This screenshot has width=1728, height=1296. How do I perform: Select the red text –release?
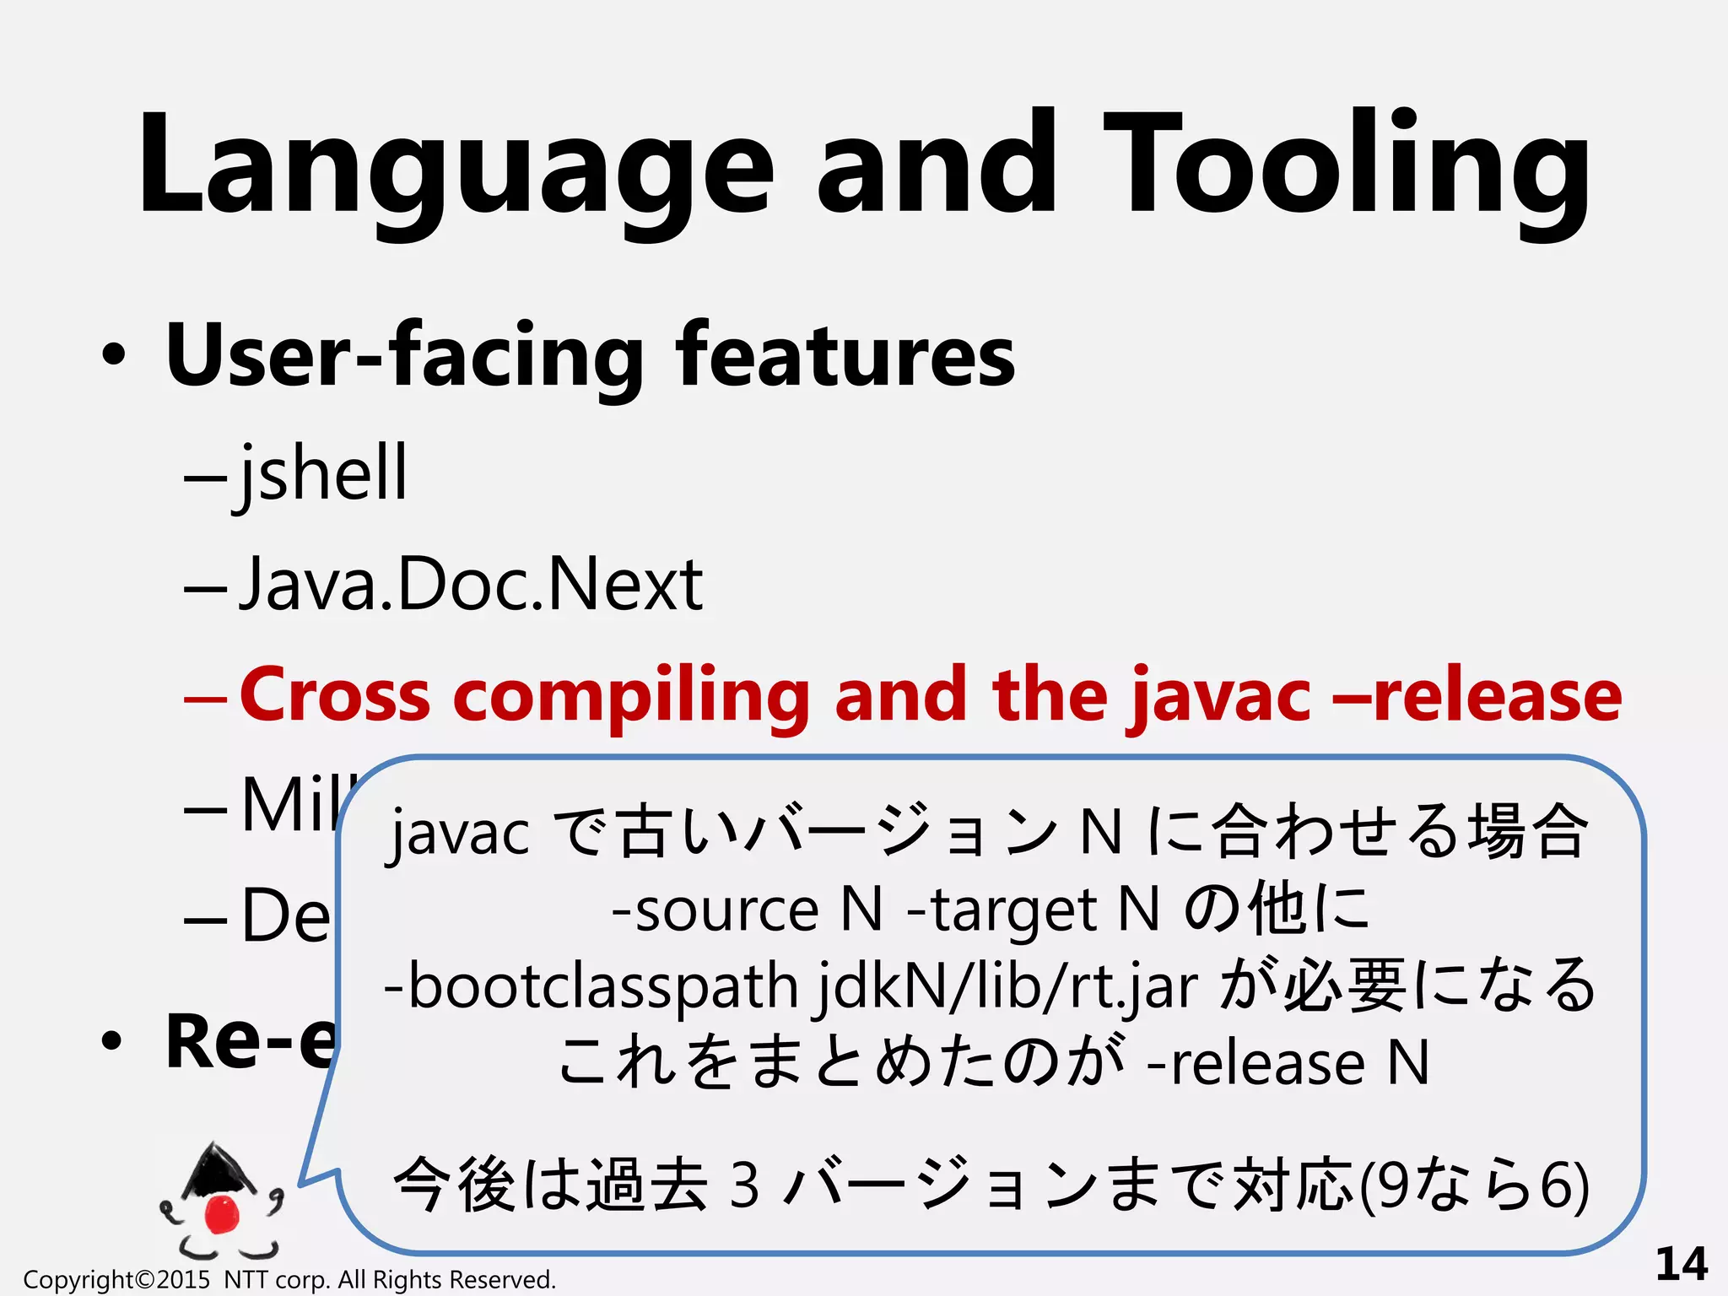pos(1477,695)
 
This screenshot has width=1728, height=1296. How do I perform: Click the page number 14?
pos(1681,1264)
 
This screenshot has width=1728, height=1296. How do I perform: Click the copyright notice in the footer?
pos(289,1280)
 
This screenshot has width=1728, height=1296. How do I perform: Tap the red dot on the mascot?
pos(222,1212)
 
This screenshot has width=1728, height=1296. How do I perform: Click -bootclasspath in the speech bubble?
pos(591,987)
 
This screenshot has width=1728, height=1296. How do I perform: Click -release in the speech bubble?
pos(1256,1063)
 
